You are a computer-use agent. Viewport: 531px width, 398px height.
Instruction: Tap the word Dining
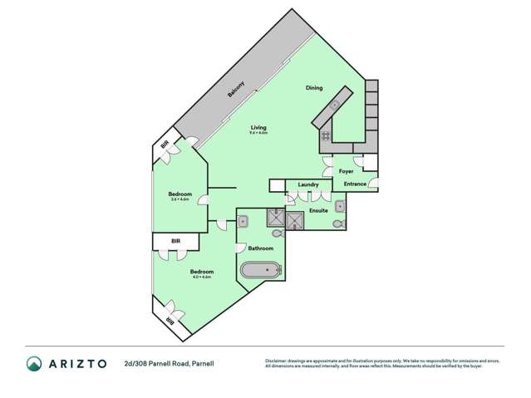pos(313,88)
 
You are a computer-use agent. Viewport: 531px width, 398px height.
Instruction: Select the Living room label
pos(258,127)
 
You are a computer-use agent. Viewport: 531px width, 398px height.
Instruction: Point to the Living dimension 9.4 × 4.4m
pos(258,133)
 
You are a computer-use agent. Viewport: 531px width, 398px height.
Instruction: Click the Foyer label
pos(347,171)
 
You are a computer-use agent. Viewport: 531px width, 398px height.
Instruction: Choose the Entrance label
pos(355,184)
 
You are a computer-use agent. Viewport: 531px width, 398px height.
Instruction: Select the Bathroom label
pos(260,249)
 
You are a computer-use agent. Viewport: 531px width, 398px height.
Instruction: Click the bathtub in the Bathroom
pos(261,271)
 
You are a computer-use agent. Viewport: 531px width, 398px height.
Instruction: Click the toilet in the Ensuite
pos(337,224)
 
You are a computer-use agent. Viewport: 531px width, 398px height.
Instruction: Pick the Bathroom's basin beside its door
pos(243,221)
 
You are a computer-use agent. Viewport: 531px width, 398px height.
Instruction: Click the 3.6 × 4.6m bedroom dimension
pos(180,199)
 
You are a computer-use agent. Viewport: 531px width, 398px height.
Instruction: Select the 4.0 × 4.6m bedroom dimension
pos(202,277)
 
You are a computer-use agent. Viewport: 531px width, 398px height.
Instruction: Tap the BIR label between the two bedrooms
pos(175,242)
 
